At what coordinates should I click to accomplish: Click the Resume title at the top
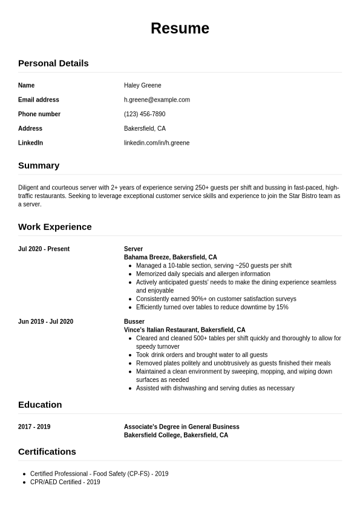coord(180,28)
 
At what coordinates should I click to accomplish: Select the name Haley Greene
coord(142,85)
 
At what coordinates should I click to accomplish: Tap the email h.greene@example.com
coord(157,100)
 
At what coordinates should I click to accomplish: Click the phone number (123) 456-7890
coord(145,114)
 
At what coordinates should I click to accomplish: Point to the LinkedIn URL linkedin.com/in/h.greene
coord(157,143)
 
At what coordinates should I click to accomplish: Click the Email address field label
coord(39,100)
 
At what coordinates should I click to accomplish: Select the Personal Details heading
coord(53,63)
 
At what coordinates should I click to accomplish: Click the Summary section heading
coord(39,165)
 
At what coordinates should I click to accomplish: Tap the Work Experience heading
coord(55,226)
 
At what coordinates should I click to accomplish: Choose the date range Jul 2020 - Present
coord(44,249)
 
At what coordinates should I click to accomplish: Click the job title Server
coord(133,249)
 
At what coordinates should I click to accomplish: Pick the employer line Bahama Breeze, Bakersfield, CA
coord(170,257)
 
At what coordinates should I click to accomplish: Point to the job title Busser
coord(134,321)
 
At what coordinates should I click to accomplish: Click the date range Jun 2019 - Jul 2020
coord(45,321)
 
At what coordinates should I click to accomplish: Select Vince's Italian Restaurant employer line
coord(185,330)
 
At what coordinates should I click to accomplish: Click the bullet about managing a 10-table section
coord(214,266)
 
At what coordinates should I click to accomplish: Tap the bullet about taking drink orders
coord(201,355)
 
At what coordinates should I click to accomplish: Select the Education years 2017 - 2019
coord(34,427)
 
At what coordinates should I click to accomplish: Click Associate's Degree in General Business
coord(182,427)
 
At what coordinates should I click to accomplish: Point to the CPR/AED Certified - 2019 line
coord(65,482)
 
